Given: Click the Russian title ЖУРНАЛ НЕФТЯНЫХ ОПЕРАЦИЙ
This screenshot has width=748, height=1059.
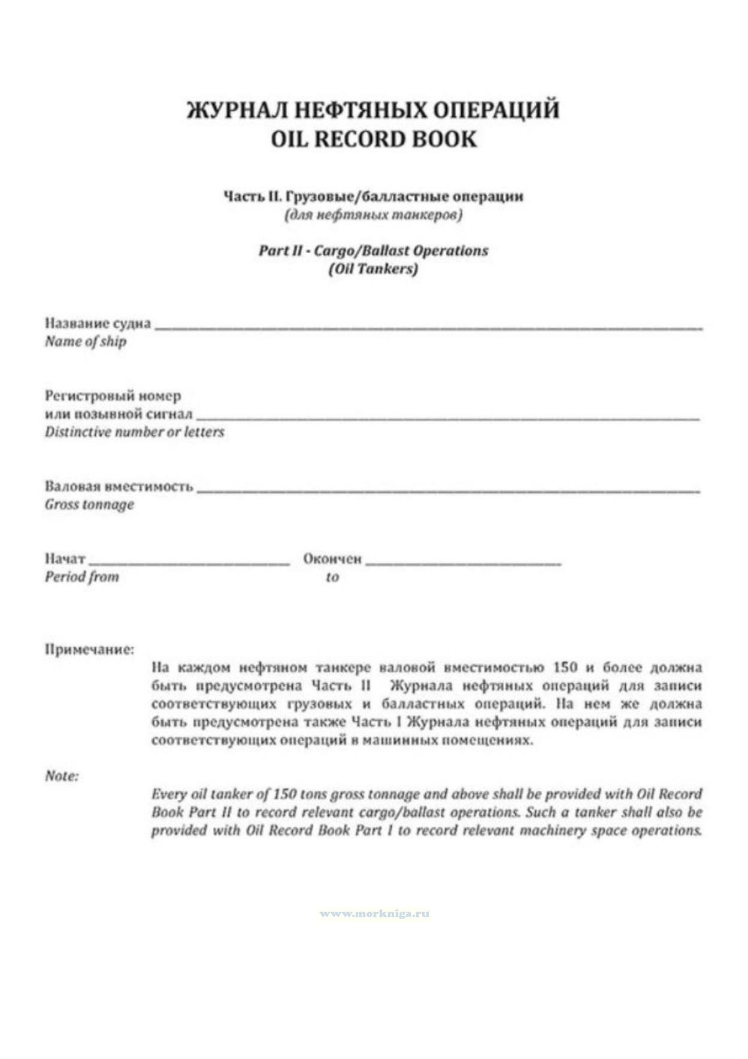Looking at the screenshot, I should click(374, 111).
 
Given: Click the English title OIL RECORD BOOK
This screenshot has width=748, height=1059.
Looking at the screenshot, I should click(374, 139).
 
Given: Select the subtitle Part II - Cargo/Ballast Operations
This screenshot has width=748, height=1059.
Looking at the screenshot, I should click(373, 250).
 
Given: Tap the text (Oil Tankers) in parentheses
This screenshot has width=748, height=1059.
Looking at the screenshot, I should click(373, 269).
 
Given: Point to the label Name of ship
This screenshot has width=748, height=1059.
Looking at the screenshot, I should click(86, 342).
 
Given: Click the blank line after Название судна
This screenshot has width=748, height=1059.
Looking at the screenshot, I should click(428, 327).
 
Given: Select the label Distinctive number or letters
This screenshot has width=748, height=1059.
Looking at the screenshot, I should click(134, 432).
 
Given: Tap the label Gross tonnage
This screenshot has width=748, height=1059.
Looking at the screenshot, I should click(89, 505).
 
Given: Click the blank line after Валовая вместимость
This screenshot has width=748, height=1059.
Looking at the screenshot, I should click(448, 490).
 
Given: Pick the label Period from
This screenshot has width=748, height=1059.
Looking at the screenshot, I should click(82, 577).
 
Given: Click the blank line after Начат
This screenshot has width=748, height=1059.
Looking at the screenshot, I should click(189, 563).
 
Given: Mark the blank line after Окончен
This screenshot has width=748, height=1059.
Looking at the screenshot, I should click(464, 563).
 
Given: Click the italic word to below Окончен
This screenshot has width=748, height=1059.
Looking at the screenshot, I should click(332, 578).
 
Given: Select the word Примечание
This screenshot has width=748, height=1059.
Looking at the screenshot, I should click(89, 650).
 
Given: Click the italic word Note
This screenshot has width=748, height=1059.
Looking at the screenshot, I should click(62, 776).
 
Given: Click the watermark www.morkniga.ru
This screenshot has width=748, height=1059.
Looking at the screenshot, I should click(374, 914).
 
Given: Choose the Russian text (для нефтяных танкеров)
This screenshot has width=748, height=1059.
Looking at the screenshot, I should click(373, 214).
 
